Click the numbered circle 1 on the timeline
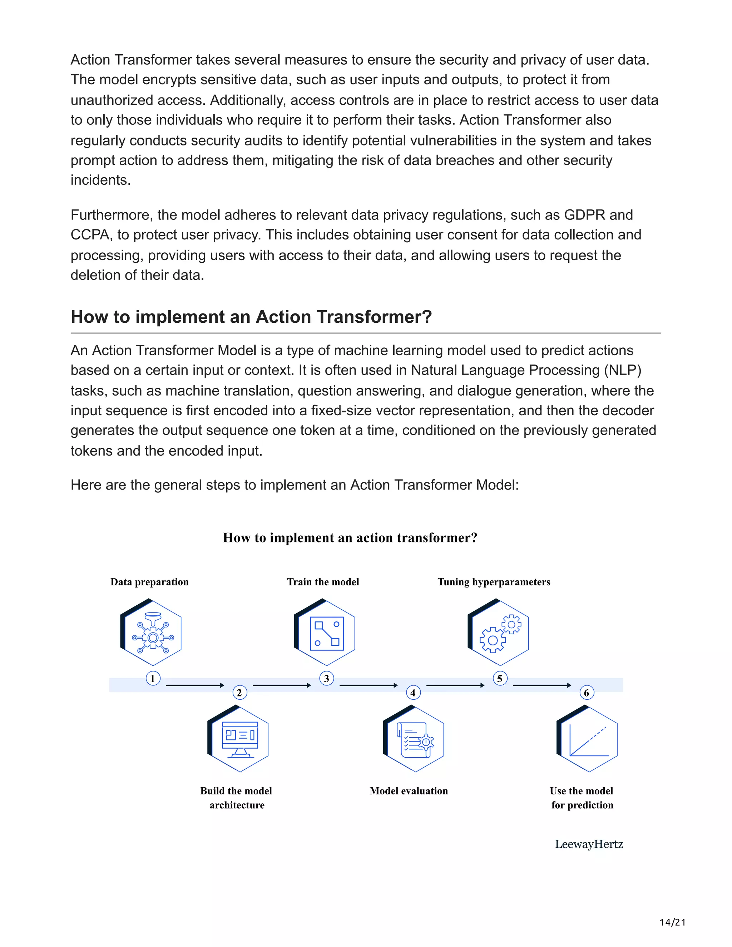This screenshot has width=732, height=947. coord(153,678)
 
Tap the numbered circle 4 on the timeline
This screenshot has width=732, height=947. coord(413,693)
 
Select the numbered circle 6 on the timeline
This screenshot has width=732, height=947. coord(587,693)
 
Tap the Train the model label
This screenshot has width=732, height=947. coord(323,582)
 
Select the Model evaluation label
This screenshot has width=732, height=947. coord(409,791)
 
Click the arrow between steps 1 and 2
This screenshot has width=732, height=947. coord(195,685)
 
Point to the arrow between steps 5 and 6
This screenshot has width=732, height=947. coord(542,685)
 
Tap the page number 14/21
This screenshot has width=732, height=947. coord(673,922)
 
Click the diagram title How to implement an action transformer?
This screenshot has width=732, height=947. coord(350,538)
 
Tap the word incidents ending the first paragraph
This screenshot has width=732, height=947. coord(100,180)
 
